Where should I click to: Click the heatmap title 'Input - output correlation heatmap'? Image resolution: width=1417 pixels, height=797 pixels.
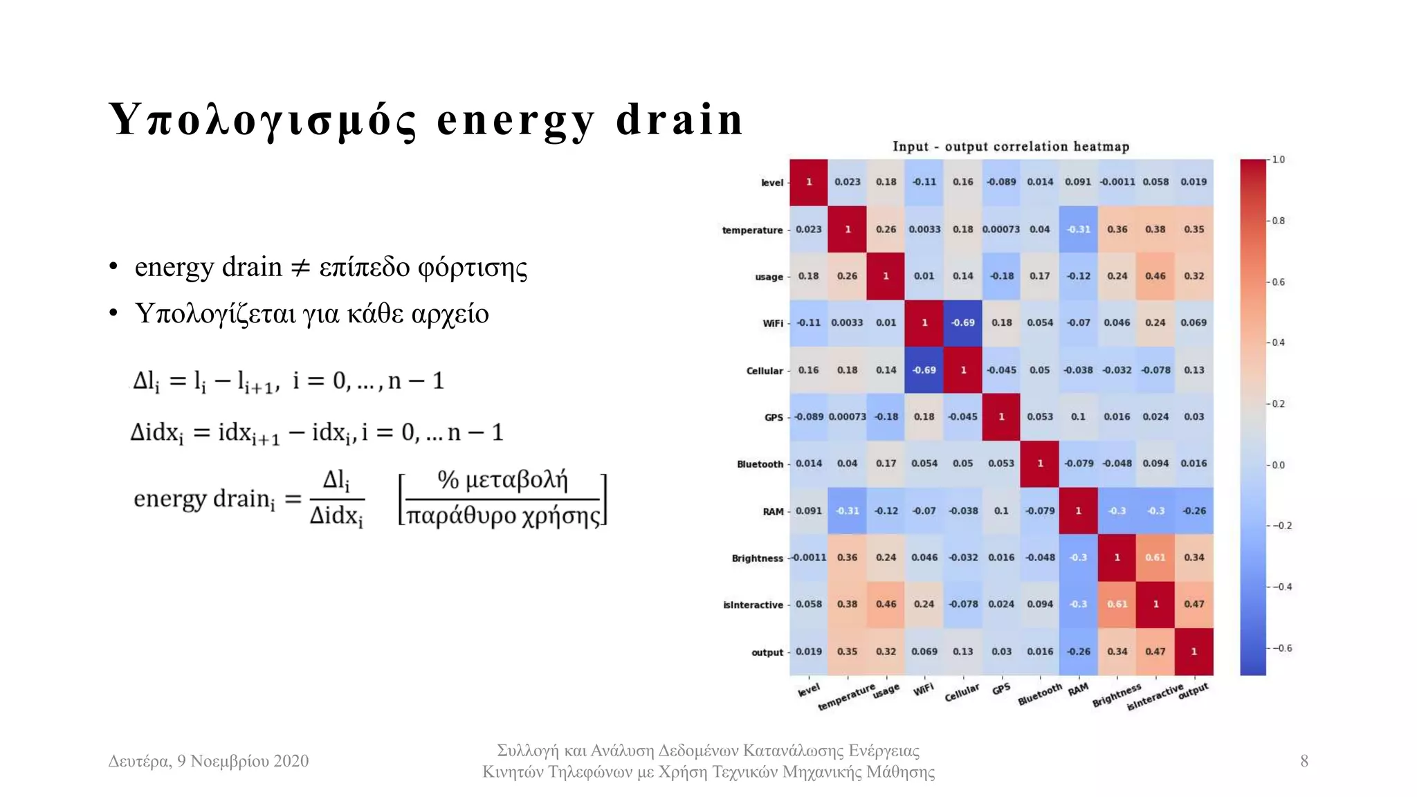(x=1010, y=147)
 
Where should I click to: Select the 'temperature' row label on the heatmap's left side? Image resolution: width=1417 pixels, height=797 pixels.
(x=752, y=230)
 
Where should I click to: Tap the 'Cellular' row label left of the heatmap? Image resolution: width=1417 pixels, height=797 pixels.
(x=764, y=371)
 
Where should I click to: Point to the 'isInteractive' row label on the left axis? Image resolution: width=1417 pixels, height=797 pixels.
(x=753, y=605)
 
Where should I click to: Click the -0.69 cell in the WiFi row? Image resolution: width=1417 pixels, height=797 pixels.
(x=962, y=323)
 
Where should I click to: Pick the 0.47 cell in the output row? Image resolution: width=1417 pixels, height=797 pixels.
(x=1155, y=652)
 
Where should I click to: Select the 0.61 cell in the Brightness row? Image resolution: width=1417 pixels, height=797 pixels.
(x=1155, y=558)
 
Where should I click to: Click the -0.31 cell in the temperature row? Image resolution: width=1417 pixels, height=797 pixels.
(x=1078, y=230)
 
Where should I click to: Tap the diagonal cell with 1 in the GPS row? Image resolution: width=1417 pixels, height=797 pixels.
(x=1001, y=417)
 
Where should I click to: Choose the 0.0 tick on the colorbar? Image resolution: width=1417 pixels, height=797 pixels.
(x=1278, y=465)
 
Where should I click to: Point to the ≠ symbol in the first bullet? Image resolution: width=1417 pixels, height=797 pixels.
(x=300, y=268)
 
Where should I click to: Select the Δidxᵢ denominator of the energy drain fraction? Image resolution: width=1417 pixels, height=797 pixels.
(x=336, y=516)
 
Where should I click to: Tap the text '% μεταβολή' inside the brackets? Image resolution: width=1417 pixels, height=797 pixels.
(x=502, y=479)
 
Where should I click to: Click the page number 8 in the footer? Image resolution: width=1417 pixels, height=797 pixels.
(x=1304, y=761)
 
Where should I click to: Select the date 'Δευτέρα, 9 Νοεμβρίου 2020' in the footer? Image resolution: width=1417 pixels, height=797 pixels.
(x=208, y=761)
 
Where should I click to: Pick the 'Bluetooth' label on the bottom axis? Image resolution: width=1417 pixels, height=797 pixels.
(x=1039, y=695)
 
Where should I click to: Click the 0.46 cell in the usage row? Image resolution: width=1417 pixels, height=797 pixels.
(x=1155, y=276)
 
